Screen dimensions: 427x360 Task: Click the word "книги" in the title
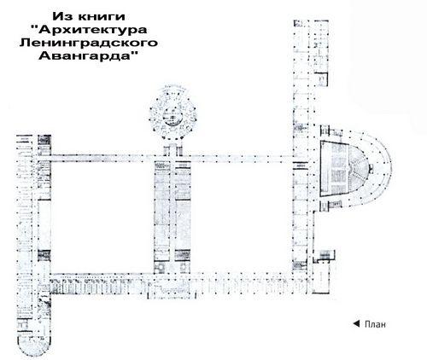(101, 16)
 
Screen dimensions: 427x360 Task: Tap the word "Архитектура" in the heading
(93, 30)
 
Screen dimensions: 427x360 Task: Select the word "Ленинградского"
(89, 43)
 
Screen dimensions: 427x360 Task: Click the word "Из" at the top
(63, 16)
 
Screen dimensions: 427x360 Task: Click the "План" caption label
(375, 324)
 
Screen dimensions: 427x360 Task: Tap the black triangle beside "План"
(356, 323)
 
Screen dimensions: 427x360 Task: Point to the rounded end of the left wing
(34, 345)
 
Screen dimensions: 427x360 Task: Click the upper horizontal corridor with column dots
(172, 159)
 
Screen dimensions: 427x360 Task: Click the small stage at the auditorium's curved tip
(371, 168)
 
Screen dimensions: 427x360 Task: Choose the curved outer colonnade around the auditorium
(378, 168)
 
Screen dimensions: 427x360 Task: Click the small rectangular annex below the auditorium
(325, 255)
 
